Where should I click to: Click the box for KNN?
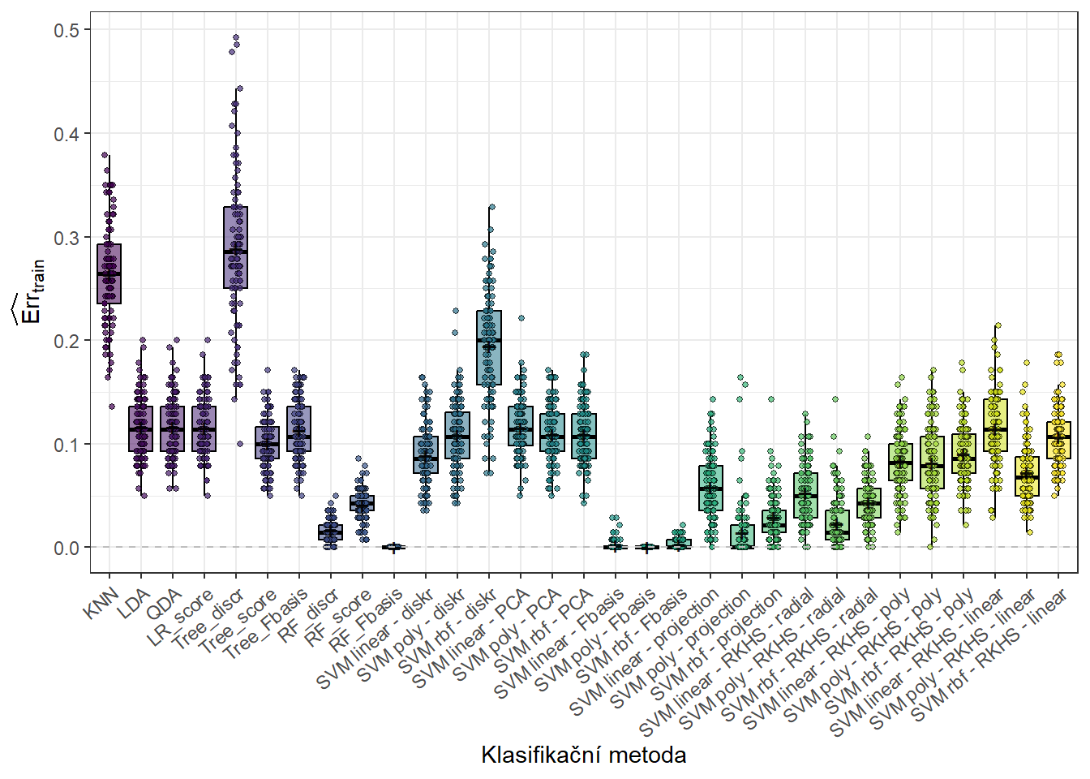coord(109,273)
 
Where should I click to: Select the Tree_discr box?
coord(235,247)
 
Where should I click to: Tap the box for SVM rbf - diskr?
coord(489,347)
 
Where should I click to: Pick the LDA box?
coord(140,428)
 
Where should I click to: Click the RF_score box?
coord(362,503)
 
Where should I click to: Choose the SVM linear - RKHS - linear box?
coord(995,425)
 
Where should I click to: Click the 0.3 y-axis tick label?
coord(67,238)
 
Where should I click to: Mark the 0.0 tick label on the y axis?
coord(67,549)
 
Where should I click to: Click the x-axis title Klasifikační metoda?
coord(583,755)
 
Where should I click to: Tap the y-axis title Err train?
coord(31,292)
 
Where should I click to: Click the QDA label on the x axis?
coord(164,605)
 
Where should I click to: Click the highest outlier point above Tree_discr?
coord(236,37)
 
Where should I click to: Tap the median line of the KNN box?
coord(109,274)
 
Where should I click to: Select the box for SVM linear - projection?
coord(710,488)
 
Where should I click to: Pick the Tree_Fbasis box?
coord(298,428)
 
